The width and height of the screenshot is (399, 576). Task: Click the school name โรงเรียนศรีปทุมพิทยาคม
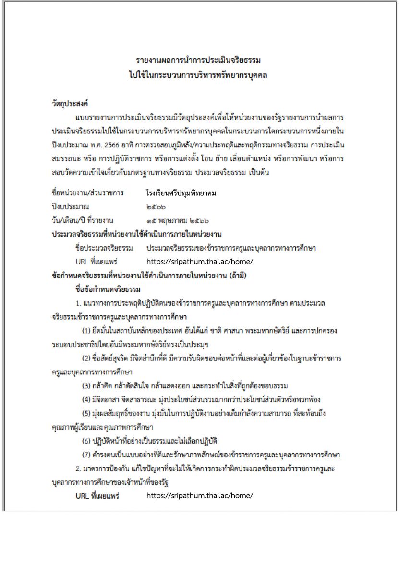tap(181, 193)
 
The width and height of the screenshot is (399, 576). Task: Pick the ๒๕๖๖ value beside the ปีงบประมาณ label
tap(156, 207)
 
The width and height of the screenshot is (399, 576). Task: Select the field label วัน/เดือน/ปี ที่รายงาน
tap(82, 220)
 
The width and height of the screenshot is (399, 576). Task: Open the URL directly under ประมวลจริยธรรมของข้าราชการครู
tap(199, 262)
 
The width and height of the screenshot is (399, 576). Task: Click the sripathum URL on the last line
tap(199, 496)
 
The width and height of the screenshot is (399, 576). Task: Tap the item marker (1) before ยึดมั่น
tap(86, 331)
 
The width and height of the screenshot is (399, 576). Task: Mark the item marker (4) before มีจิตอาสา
tap(86, 399)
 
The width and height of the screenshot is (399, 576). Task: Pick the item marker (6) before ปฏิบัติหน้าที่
tap(86, 441)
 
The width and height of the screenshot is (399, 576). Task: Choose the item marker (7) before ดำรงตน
tap(86, 455)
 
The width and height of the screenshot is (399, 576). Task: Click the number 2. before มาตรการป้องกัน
tap(79, 468)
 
